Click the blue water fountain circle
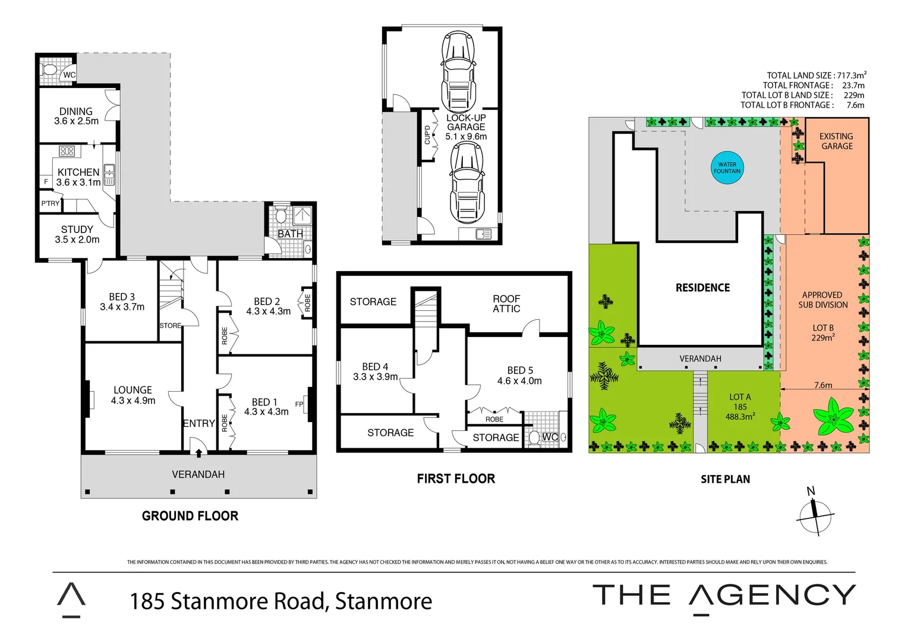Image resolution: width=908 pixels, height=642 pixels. [727, 168]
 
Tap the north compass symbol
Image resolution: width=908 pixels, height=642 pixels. [816, 515]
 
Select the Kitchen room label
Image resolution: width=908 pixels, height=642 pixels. [78, 172]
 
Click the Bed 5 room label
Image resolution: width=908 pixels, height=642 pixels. [520, 370]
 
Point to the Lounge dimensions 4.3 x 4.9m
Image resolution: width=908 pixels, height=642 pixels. [133, 401]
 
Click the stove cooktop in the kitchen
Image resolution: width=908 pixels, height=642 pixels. [67, 151]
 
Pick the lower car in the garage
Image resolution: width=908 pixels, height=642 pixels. [466, 182]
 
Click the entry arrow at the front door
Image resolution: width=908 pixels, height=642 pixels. [198, 453]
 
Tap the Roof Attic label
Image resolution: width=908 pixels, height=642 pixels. [506, 304]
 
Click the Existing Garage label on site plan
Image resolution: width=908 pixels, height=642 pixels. [837, 141]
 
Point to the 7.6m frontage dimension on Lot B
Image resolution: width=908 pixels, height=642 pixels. [823, 385]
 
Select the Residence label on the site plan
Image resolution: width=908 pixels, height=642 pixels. [702, 288]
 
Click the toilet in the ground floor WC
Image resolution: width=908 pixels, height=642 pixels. [51, 71]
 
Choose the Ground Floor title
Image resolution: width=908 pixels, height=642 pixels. [190, 516]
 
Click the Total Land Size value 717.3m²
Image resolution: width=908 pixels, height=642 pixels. [852, 75]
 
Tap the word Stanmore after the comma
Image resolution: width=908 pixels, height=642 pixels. [383, 601]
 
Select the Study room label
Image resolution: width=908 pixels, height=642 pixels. [77, 229]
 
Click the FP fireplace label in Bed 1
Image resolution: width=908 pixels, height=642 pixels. [299, 404]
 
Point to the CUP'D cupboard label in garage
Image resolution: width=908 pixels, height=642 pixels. [427, 135]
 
